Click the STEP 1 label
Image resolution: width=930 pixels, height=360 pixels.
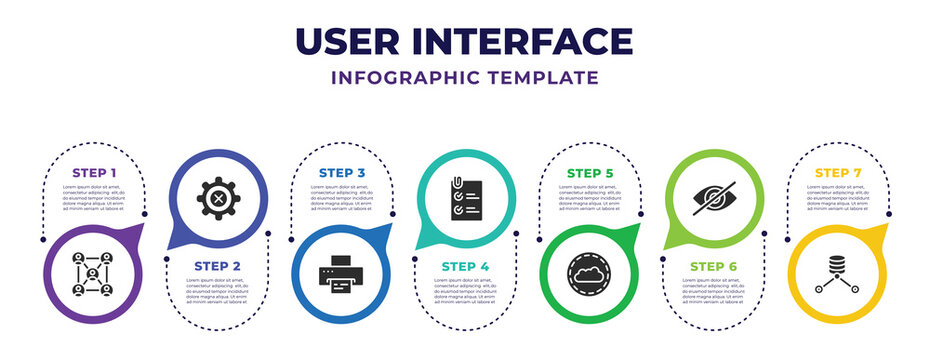[x=94, y=172]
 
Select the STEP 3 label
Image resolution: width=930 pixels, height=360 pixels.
[x=342, y=172]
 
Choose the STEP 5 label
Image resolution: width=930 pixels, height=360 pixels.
[x=589, y=172]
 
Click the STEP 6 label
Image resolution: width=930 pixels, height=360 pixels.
[x=713, y=264]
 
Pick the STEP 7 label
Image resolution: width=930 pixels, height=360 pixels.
[x=837, y=172]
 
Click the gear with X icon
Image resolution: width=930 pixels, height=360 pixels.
[x=218, y=198]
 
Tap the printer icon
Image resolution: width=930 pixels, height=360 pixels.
[x=342, y=276]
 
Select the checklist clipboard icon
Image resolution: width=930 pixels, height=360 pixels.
[x=465, y=198]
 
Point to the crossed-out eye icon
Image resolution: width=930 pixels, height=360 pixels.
[x=713, y=198]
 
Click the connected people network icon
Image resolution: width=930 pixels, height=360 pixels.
[x=94, y=274]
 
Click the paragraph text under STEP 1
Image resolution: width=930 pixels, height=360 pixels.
[x=94, y=197]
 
